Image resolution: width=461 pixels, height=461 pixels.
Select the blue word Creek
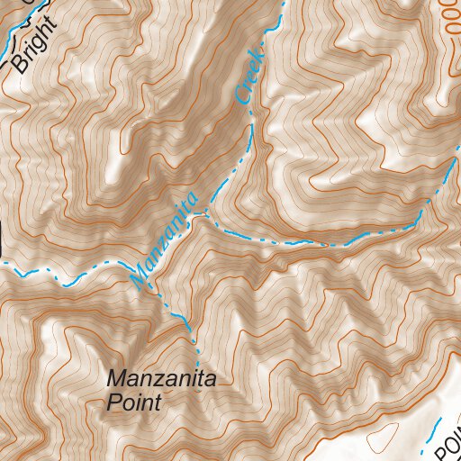pyautogui.click(x=249, y=76)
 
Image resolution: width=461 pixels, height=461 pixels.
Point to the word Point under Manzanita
pyautogui.click(x=133, y=402)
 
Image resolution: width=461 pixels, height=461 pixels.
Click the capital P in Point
pyautogui.click(x=113, y=402)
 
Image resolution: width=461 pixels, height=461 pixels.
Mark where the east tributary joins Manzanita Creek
pyautogui.click(x=209, y=214)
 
